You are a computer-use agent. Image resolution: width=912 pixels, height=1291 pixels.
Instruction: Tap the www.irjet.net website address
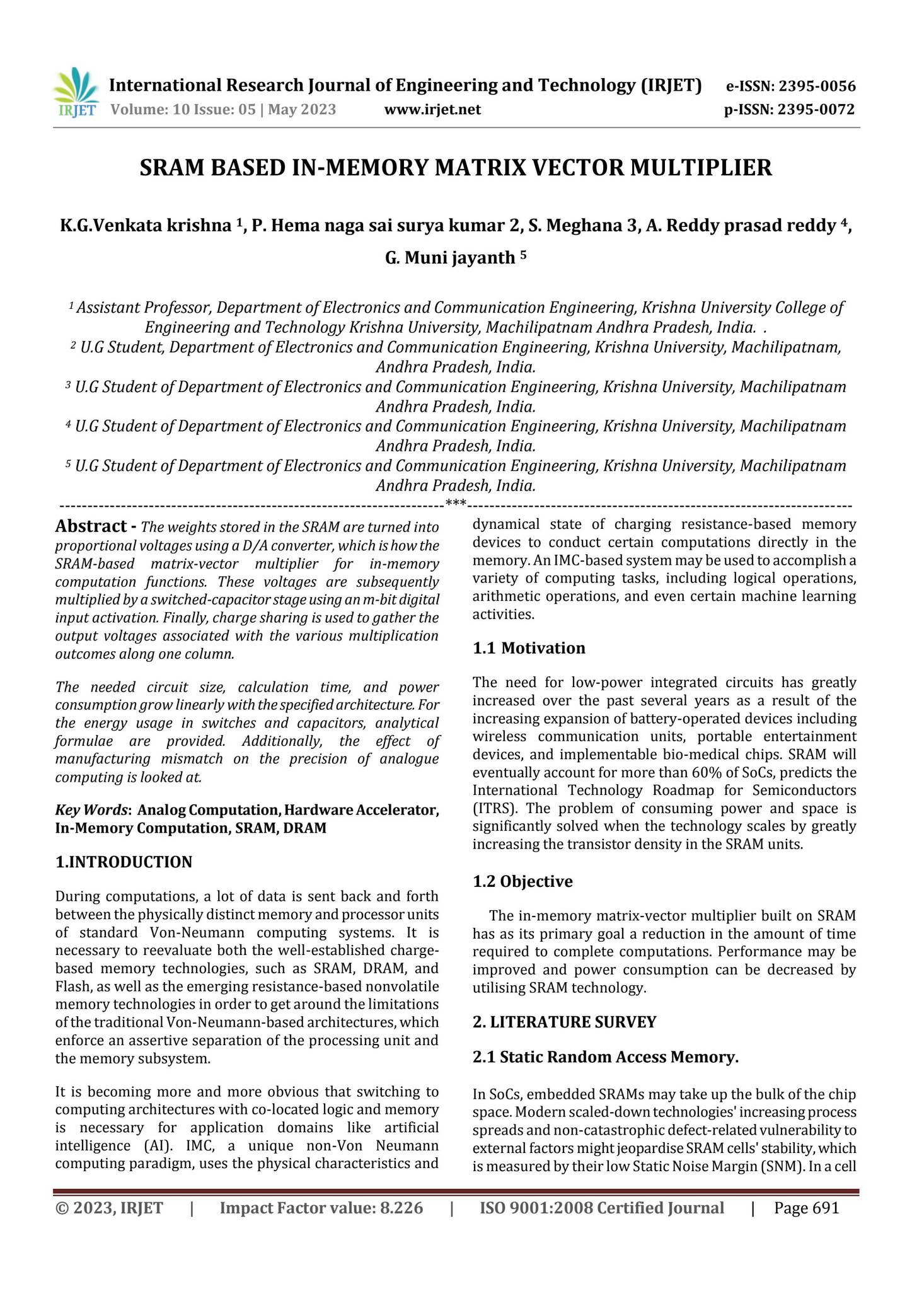coord(432,110)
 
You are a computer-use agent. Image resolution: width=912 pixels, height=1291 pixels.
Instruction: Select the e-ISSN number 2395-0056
coord(817,86)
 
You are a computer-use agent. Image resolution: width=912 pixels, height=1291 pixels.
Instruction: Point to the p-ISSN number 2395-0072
coord(816,110)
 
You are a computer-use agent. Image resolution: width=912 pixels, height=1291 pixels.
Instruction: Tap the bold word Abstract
coord(91,526)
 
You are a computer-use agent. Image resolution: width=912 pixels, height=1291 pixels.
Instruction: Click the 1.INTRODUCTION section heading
coord(124,862)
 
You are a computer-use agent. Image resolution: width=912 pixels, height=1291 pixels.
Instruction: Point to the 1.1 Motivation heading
coord(529,648)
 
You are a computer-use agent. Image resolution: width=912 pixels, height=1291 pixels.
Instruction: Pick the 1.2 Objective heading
coord(522,881)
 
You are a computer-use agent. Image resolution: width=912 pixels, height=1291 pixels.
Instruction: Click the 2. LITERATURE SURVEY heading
coord(564,1022)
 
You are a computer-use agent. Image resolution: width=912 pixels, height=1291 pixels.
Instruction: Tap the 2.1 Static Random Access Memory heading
coord(605,1057)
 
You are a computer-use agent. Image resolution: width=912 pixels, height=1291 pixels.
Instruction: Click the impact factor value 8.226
coord(401,1208)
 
